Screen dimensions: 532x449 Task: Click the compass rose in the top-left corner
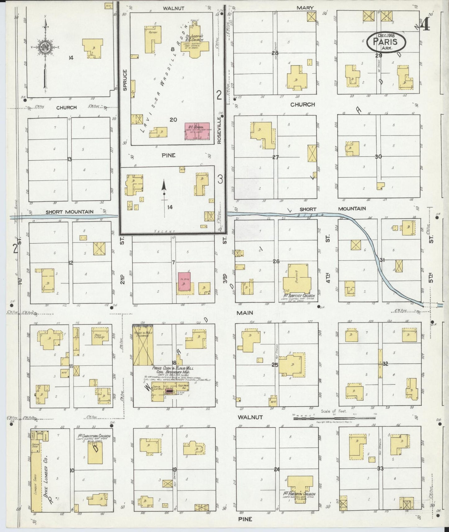(45, 47)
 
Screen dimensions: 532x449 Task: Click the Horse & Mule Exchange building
(143, 345)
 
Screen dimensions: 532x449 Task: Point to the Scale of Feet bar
(334, 418)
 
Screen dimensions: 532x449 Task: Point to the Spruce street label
(125, 80)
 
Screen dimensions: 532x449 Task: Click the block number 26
(276, 261)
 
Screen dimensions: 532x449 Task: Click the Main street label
(245, 313)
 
